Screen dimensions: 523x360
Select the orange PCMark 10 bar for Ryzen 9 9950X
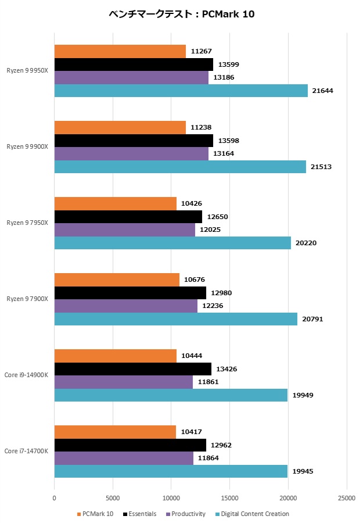click(x=120, y=51)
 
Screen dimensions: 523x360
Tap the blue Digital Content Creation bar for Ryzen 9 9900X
click(x=180, y=167)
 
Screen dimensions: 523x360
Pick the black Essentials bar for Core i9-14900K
click(x=133, y=369)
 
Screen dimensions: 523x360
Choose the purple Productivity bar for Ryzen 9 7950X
click(x=125, y=230)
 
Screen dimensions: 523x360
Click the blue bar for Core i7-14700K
click(x=171, y=471)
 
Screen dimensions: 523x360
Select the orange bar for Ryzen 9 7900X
click(x=117, y=280)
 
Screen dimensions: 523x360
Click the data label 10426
click(x=192, y=203)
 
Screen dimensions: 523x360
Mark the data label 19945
click(x=302, y=471)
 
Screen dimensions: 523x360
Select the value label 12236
click(x=212, y=306)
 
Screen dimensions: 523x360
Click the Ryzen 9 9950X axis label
click(x=27, y=70)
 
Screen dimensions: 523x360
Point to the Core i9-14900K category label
click(x=27, y=375)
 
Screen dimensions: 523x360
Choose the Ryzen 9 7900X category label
click(x=27, y=299)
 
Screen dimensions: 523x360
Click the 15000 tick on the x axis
click(x=230, y=498)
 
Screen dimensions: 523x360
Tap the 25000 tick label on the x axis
click(x=347, y=498)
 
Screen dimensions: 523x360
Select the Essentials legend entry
click(x=139, y=514)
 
